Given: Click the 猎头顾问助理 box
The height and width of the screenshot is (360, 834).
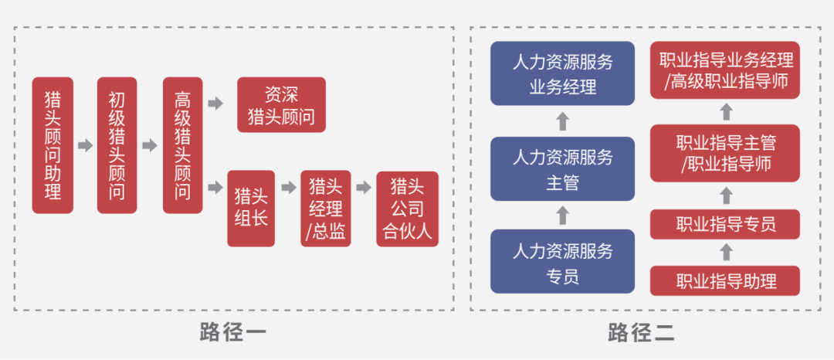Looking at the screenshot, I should pyautogui.click(x=53, y=144).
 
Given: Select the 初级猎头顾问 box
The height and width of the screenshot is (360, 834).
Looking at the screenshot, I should pyautogui.click(x=117, y=144).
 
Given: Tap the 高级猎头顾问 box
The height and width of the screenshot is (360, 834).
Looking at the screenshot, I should pyautogui.click(x=182, y=144).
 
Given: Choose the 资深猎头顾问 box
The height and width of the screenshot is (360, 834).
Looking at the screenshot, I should pyautogui.click(x=281, y=105).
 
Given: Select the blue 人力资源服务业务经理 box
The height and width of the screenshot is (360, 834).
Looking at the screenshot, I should pyautogui.click(x=562, y=74).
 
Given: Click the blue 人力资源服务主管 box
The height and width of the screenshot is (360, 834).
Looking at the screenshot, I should pyautogui.click(x=562, y=170).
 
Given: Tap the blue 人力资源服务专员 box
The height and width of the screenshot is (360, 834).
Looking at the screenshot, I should pyautogui.click(x=562, y=262).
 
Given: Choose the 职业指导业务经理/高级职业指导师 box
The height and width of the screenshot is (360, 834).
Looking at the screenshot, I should pyautogui.click(x=725, y=70).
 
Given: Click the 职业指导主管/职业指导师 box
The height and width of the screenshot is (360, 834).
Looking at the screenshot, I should pyautogui.click(x=725, y=154).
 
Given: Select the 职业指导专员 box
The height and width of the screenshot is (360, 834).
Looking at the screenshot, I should pyautogui.click(x=725, y=224).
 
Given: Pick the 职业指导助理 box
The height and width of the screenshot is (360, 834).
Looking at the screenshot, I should pyautogui.click(x=725, y=280).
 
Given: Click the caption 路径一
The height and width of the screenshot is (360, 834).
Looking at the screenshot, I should pyautogui.click(x=233, y=334).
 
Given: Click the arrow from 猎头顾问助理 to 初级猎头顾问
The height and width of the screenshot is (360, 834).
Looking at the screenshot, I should pyautogui.click(x=85, y=144).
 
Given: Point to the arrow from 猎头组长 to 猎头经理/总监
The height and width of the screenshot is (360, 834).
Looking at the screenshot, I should pyautogui.click(x=288, y=188).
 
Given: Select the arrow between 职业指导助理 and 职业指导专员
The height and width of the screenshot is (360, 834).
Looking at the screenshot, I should pyautogui.click(x=725, y=252).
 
